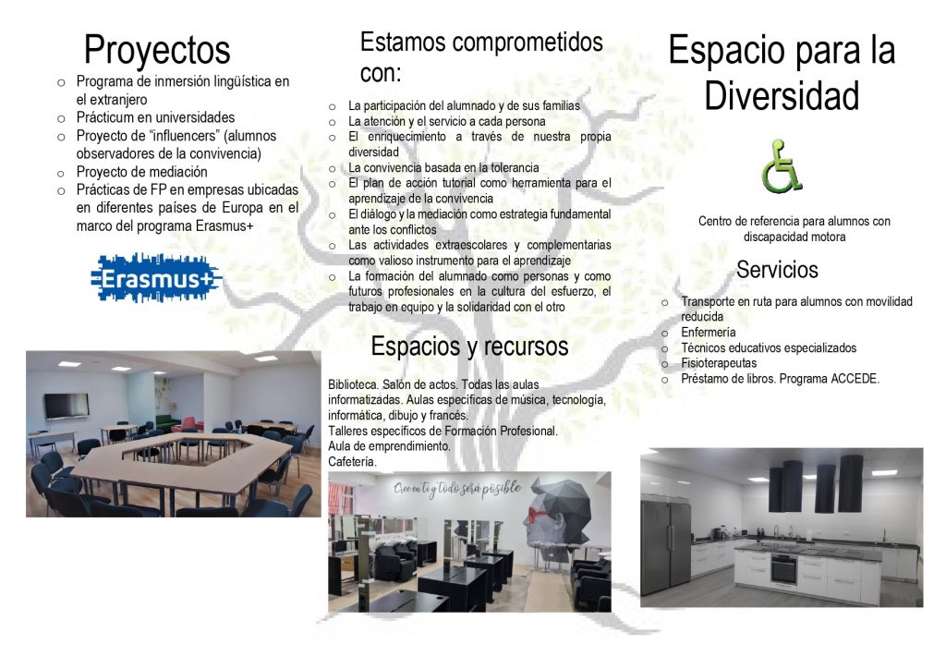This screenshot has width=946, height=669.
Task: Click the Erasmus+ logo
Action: coord(156,278)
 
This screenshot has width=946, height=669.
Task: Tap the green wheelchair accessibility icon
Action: coord(782,166)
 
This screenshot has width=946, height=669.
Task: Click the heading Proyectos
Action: coord(157,50)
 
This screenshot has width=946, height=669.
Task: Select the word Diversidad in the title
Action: coord(782,96)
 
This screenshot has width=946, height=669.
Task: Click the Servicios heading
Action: coord(777,270)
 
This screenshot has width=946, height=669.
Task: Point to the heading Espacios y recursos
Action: coord(469,347)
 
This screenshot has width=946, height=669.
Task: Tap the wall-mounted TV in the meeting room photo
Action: coord(67,406)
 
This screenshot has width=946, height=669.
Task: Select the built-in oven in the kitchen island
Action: coord(783,569)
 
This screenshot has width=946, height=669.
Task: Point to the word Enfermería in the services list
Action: coord(709,333)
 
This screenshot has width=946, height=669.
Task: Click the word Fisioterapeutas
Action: coord(719,363)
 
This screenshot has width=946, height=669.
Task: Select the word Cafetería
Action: coord(352,462)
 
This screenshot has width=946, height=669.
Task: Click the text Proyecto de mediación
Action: coord(141,172)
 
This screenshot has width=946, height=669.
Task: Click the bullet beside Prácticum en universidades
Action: coord(61,119)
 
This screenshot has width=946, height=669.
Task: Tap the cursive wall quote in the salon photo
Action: coord(456,489)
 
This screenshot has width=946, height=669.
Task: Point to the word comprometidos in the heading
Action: coord(528,43)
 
